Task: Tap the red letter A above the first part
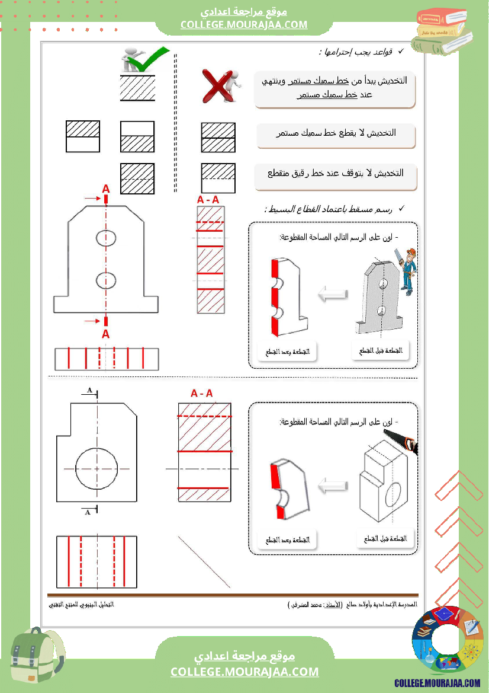106,189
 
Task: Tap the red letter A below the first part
106,334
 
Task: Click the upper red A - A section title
208,200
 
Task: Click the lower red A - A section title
201,393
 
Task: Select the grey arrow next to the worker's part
333,294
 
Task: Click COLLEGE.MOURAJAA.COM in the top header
244,24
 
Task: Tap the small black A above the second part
89,390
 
